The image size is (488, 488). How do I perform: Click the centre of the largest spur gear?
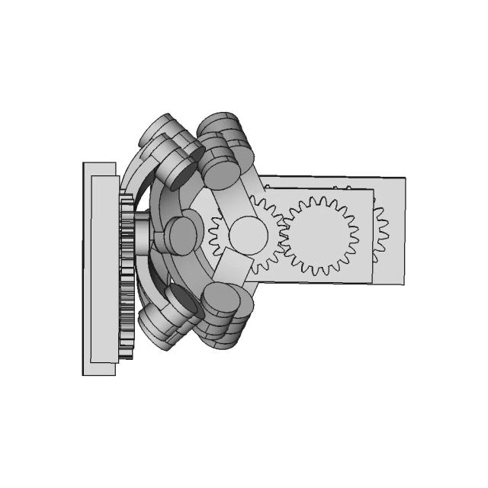click(x=320, y=236)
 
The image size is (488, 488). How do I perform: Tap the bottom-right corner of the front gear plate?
click(x=372, y=283)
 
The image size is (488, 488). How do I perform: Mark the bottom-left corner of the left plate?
click(x=83, y=375)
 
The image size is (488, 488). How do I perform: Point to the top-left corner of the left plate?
click(x=83, y=162)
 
